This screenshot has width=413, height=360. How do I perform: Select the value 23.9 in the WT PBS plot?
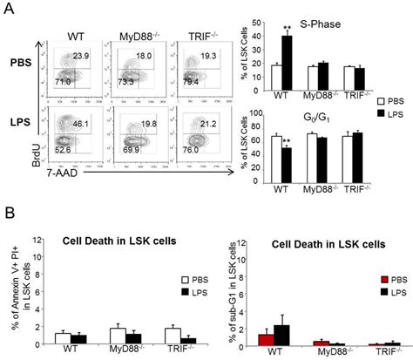(80, 56)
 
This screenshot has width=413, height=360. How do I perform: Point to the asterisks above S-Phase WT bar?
(287, 29)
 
